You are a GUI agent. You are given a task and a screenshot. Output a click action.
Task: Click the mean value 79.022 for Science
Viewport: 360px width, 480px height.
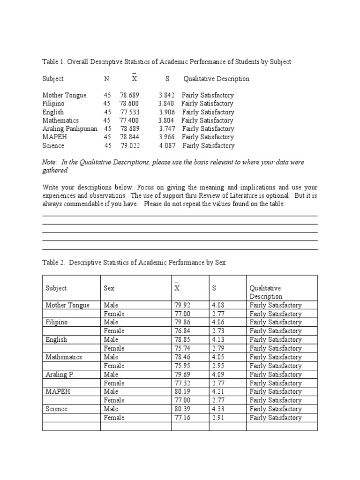[x=130, y=146]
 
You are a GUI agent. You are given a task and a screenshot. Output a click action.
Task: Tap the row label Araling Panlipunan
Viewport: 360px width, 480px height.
[x=70, y=129]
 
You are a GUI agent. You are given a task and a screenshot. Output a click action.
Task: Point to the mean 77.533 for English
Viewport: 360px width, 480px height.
[x=130, y=112]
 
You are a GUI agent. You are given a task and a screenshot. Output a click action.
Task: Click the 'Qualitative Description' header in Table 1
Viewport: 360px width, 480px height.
[x=216, y=79]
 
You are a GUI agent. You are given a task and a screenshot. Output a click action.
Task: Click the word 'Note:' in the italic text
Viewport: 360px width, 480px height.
[x=51, y=162]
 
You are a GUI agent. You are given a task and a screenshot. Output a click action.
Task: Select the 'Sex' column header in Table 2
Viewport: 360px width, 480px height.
[x=109, y=288]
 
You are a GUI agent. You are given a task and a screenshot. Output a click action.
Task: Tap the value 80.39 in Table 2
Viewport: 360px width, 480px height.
[x=182, y=409]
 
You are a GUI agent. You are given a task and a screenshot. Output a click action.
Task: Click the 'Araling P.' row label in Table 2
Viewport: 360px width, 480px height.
[x=59, y=375]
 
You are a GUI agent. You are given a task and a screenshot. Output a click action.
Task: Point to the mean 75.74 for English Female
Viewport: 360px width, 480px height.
[x=182, y=348]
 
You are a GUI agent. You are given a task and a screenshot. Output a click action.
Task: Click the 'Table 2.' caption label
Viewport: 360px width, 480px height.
[x=54, y=262]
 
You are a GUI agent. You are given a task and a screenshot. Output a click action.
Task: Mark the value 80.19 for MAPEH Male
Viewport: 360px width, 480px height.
[x=182, y=392]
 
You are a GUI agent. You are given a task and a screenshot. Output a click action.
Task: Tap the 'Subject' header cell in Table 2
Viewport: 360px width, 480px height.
[x=56, y=288]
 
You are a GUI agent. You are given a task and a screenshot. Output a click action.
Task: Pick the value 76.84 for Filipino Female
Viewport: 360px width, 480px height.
[x=182, y=331]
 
